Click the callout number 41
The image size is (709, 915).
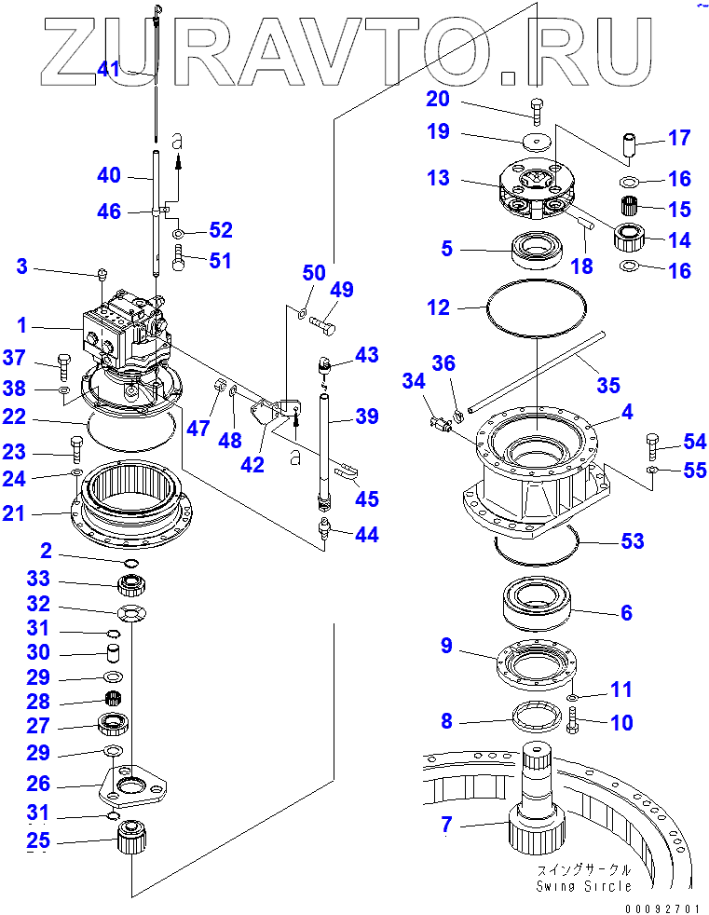point(108,69)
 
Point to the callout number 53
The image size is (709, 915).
point(633,541)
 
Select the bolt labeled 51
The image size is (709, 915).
point(179,258)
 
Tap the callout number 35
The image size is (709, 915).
point(608,385)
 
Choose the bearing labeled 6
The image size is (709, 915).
point(537,604)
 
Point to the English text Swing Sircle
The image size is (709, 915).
point(583,886)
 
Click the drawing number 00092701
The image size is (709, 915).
point(661,908)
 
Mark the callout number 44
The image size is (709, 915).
point(367,535)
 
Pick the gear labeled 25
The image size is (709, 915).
point(132,837)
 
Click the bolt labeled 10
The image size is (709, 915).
point(572,719)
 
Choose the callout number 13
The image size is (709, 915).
point(438,177)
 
